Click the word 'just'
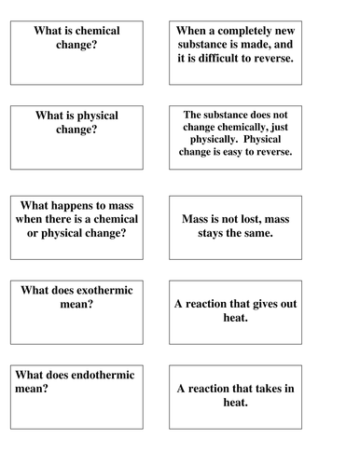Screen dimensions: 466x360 [309, 130]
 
